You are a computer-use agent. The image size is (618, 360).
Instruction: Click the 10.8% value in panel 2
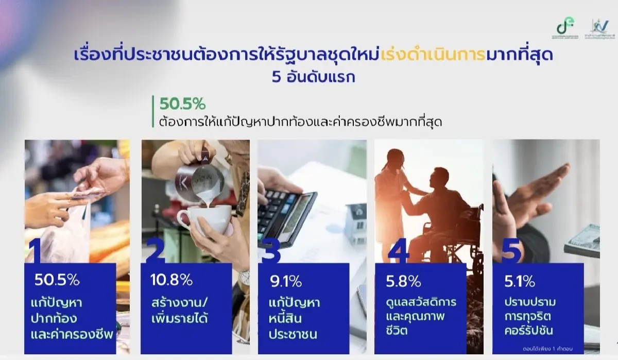[x=171, y=280]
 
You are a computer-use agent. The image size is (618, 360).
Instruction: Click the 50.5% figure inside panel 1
[x=57, y=280]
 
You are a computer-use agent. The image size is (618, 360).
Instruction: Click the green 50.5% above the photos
[x=182, y=104]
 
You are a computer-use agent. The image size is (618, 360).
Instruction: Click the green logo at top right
[x=567, y=27]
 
